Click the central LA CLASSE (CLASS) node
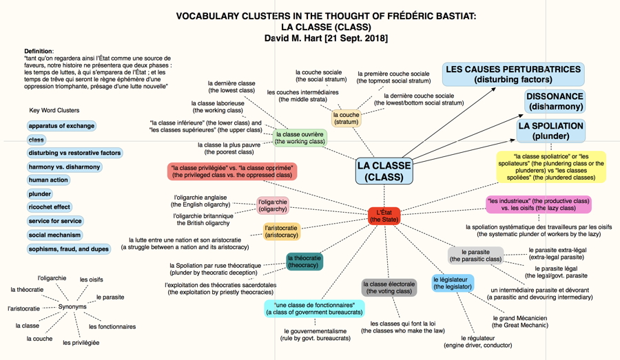[x=384, y=171]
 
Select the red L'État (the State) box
[x=384, y=215]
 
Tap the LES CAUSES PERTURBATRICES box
[x=513, y=74]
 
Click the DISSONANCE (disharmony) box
[x=555, y=102]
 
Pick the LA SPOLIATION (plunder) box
[x=551, y=131]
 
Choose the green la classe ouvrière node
[x=300, y=138]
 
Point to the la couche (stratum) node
[x=347, y=118]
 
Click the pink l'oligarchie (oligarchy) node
[x=273, y=206]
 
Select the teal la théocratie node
[x=304, y=262]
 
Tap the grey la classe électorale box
[x=389, y=288]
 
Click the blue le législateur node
[x=453, y=283]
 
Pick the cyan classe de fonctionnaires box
[x=314, y=308]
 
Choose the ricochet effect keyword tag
[x=50, y=207]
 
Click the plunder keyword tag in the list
[x=39, y=194]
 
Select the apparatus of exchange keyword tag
[x=61, y=126]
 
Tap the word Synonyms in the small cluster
[x=72, y=306]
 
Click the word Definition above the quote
[x=39, y=51]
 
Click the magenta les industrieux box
[x=539, y=204]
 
